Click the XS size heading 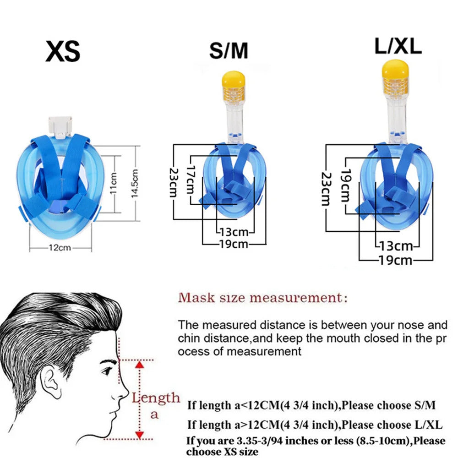63,51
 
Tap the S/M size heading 229,50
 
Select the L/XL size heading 398,46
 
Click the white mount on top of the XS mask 60,127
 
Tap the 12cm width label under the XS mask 60,248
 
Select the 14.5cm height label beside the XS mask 135,183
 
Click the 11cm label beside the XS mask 114,183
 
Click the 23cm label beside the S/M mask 174,183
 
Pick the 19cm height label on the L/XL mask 346,185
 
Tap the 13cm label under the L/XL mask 396,246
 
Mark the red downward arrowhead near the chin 140,435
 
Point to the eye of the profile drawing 107,371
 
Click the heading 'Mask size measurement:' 263,298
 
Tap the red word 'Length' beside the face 156,398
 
